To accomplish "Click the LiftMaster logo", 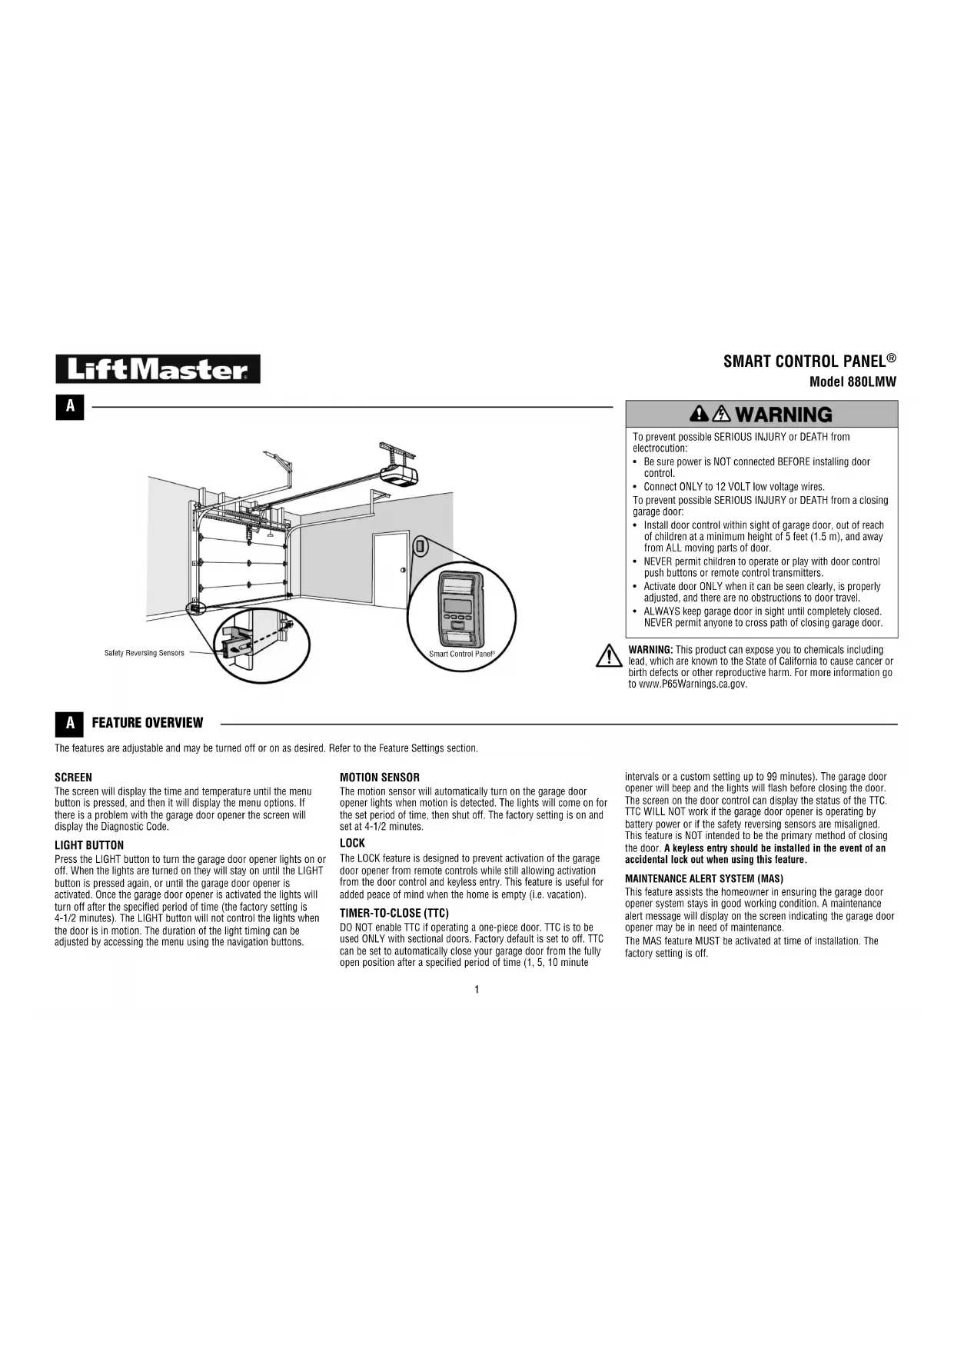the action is point(158,369).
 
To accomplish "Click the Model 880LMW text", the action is point(853,382).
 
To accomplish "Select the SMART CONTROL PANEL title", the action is point(809,361).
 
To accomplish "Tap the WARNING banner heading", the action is point(761,415).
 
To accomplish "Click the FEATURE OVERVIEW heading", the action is point(148,723).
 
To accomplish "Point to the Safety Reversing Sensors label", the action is point(145,653).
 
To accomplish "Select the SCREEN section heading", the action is point(73,778).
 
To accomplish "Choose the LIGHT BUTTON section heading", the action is point(89,845).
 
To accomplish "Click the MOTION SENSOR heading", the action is point(380,778).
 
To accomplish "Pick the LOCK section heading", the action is point(352,843).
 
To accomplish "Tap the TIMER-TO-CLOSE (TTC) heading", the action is point(394,913).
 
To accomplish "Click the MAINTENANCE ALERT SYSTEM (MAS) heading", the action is point(704,878).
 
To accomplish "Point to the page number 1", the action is point(477,989).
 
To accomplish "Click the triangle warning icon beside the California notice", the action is point(609,655).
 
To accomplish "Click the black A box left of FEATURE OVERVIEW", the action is point(70,723).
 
